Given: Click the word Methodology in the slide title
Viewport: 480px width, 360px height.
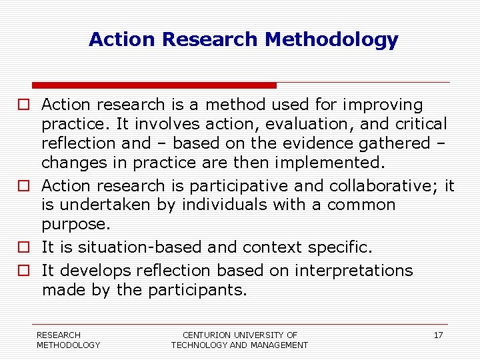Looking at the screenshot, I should point(331,40).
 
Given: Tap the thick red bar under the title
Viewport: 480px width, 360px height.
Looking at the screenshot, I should point(154,85).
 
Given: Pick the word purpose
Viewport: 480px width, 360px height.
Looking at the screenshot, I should point(75,224).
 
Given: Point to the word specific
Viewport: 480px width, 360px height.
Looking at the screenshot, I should point(340,247).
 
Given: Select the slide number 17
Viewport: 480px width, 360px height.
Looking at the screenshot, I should point(438,335).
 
